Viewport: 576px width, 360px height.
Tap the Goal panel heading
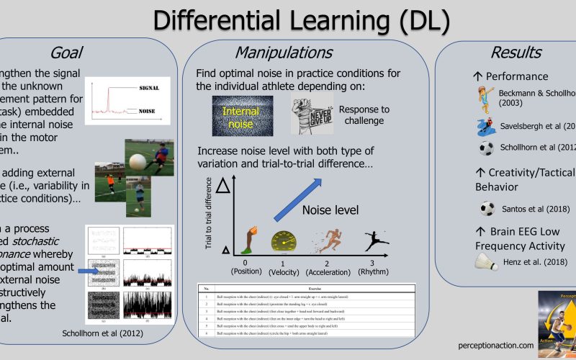67,53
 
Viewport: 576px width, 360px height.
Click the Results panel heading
516,53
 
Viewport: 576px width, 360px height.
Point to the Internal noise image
241,117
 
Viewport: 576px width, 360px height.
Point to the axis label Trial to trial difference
210,213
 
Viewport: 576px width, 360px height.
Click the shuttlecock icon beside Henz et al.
487,263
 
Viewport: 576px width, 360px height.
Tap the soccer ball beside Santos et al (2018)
487,209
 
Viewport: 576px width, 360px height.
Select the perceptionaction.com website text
495,346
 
